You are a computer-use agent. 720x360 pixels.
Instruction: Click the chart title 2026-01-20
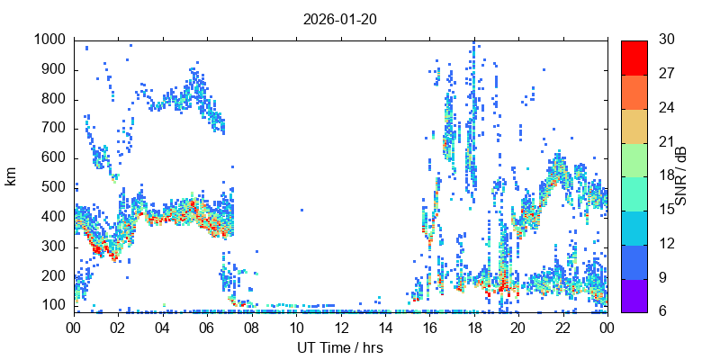[x=340, y=20]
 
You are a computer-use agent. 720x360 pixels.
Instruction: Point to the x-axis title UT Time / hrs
[x=340, y=347]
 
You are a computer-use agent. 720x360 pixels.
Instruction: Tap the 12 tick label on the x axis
[x=340, y=329]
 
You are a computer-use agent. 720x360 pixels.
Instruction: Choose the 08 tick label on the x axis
[x=251, y=329]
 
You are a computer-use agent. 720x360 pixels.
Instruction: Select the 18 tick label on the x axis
[x=473, y=329]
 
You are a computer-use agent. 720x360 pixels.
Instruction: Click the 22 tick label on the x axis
[x=562, y=329]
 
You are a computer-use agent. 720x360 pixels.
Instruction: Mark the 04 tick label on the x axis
[x=162, y=329]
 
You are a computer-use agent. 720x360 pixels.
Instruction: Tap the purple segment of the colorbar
[x=634, y=295]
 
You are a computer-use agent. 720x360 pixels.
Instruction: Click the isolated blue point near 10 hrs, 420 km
[x=301, y=210]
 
